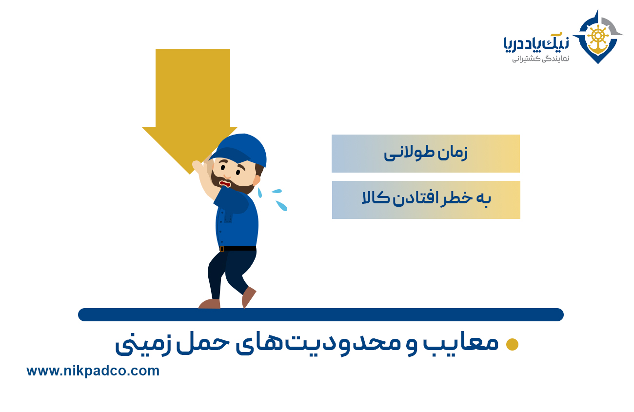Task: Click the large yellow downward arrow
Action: click(192, 98)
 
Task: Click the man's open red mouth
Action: click(225, 184)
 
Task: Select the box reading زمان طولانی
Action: click(425, 154)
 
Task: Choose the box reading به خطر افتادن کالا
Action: click(426, 200)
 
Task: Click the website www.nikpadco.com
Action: click(93, 371)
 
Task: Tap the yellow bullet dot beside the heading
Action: click(512, 345)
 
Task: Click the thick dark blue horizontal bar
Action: click(320, 314)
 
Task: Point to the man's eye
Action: click(238, 172)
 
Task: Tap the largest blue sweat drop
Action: click(281, 205)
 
